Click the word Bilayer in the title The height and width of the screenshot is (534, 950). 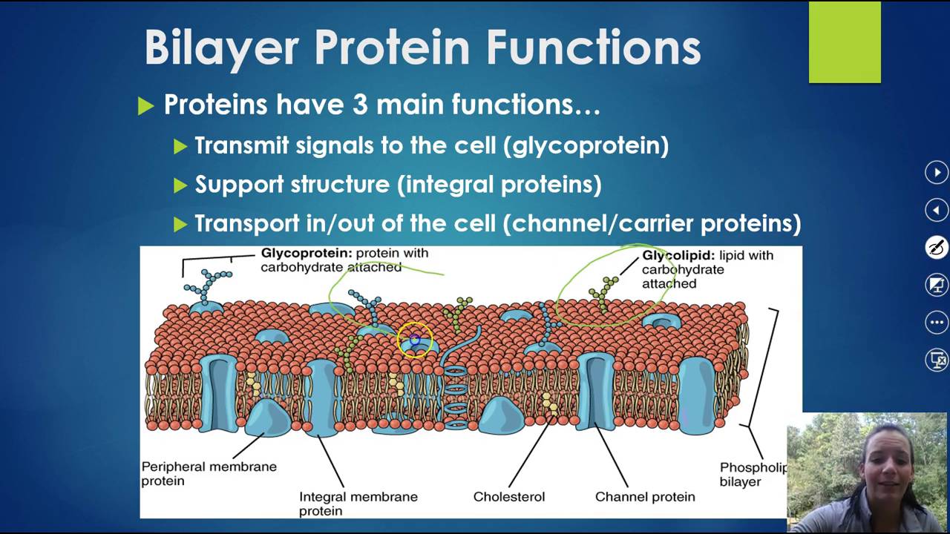click(x=222, y=49)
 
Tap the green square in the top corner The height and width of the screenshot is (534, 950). click(x=845, y=42)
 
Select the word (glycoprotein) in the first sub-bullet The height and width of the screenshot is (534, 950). click(x=586, y=145)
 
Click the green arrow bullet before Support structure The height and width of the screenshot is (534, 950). click(x=180, y=185)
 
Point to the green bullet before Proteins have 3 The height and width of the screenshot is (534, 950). click(x=145, y=106)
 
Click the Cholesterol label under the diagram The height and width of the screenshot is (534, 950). click(x=508, y=496)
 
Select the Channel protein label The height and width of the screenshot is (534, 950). click(x=645, y=496)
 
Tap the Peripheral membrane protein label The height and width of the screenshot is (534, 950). click(x=209, y=473)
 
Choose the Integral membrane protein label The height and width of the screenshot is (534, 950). click(x=358, y=503)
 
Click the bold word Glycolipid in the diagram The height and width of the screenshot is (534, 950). click(x=677, y=255)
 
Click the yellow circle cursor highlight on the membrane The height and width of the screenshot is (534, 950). click(x=414, y=340)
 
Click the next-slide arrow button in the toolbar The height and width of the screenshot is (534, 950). click(x=937, y=173)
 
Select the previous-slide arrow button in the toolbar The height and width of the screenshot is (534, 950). click(x=937, y=211)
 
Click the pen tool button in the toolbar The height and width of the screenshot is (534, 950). click(x=937, y=248)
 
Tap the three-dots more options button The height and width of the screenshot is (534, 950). click(x=937, y=323)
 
